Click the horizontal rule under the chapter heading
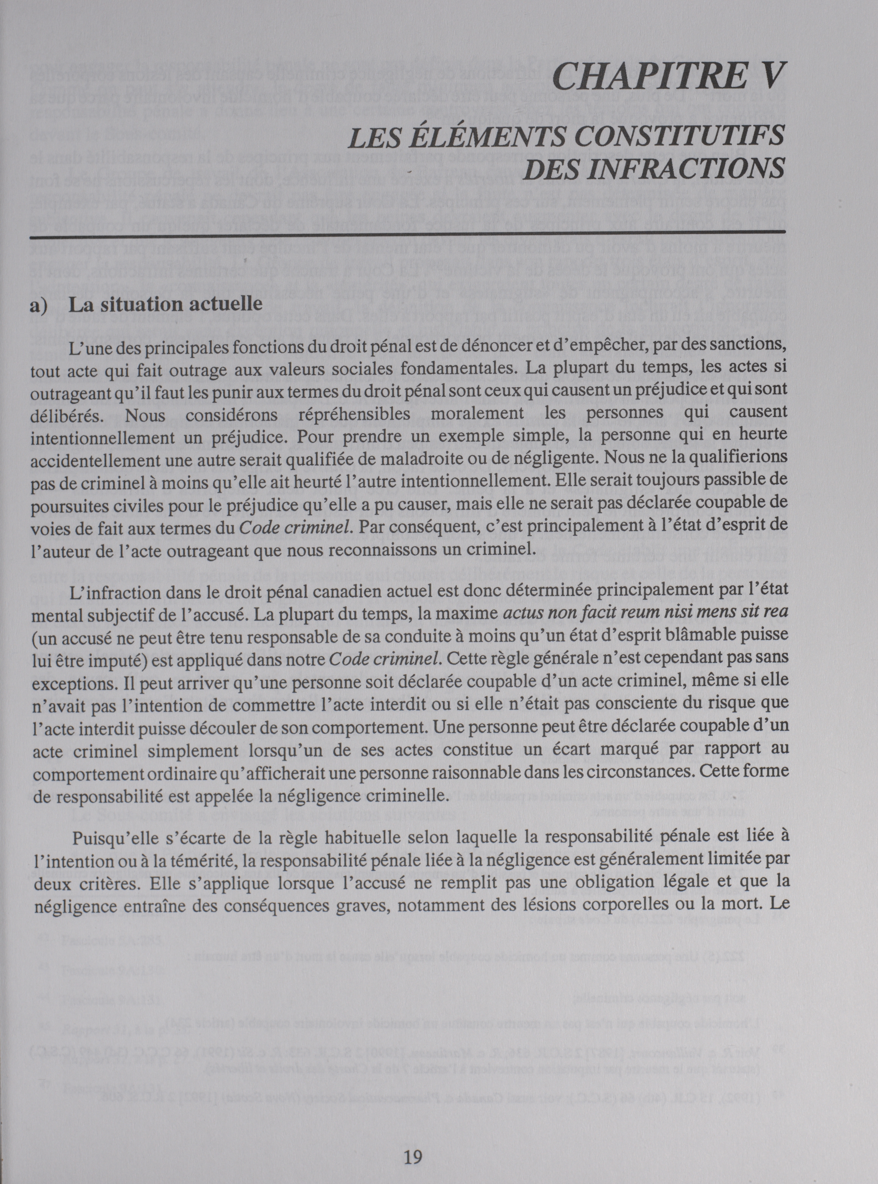pos(407,232)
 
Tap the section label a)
pos(39,306)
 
